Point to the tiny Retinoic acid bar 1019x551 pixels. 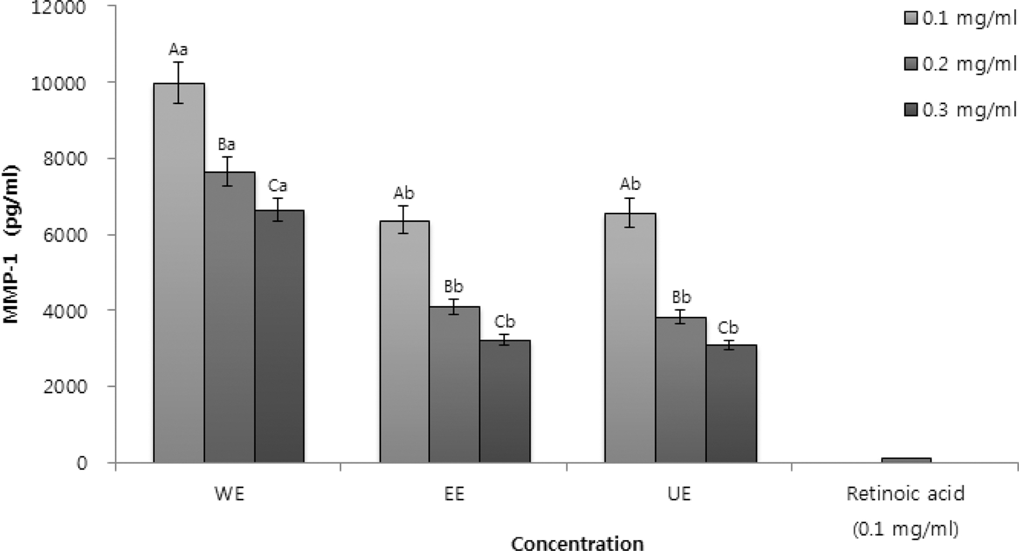coord(906,460)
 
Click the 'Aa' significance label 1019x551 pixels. coord(178,50)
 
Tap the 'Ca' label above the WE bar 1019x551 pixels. coord(278,186)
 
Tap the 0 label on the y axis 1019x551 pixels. coord(81,463)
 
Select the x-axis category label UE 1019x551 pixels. coord(679,494)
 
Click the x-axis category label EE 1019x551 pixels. coord(454,494)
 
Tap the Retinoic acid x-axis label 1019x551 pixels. coord(905,493)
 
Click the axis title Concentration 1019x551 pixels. coord(577,542)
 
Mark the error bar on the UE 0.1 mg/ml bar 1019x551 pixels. coord(630,212)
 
